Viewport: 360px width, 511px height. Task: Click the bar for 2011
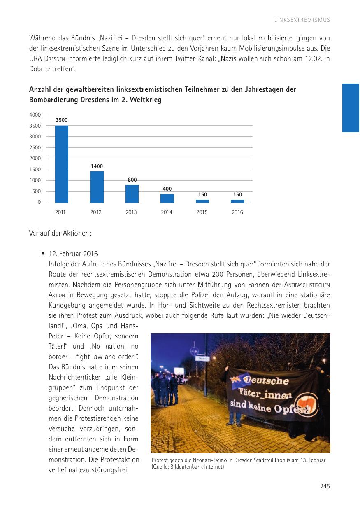[62, 164]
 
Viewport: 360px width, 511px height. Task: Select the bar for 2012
[97, 187]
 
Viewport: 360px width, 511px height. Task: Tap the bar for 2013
[132, 194]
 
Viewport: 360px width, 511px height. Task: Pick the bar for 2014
[167, 198]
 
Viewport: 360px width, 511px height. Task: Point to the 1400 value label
[97, 166]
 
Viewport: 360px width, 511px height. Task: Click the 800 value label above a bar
[132, 180]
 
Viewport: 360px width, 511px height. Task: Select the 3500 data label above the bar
[62, 120]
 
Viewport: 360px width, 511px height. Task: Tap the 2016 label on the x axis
[237, 212]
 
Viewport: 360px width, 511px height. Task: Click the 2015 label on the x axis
[202, 212]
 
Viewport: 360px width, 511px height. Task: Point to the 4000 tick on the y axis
[35, 114]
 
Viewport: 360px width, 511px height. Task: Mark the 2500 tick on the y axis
[35, 147]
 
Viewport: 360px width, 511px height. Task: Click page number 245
[325, 486]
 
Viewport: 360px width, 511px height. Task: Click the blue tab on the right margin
[351, 107]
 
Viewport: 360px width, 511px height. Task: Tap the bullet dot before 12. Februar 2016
[43, 254]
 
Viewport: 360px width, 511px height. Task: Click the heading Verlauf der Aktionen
[60, 233]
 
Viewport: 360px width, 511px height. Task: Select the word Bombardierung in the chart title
[51, 100]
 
